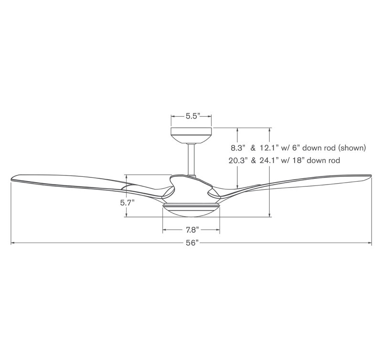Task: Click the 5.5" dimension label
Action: [x=193, y=116]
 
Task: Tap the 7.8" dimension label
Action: [x=192, y=230]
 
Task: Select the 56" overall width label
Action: [x=192, y=243]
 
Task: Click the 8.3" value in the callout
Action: [x=238, y=148]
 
